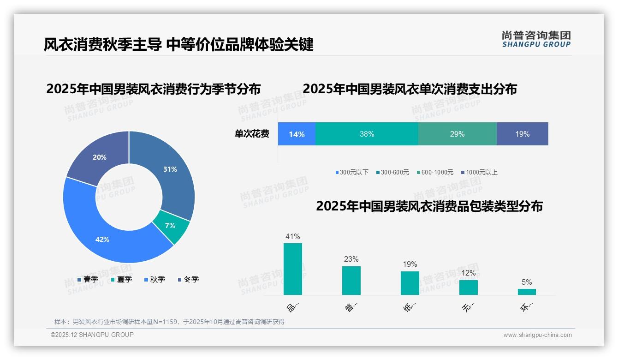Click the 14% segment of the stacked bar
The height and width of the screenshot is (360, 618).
tap(297, 134)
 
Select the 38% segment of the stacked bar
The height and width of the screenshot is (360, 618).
tap(367, 134)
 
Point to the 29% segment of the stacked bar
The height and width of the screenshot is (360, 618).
tap(457, 134)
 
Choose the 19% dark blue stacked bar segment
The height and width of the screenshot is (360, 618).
tap(522, 134)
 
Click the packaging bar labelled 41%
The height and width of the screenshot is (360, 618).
tap(292, 269)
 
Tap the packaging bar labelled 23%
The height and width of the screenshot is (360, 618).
tap(351, 281)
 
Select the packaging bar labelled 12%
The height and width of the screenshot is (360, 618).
tap(468, 288)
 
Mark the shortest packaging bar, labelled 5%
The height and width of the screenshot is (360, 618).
tap(527, 292)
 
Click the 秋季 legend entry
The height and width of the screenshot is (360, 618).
tap(155, 280)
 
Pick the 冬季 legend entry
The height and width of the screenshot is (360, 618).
tap(189, 280)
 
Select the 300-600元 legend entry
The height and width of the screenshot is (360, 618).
tap(392, 173)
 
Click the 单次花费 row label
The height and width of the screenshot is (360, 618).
tap(252, 134)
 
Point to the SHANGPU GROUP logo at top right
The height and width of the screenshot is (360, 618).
tap(536, 39)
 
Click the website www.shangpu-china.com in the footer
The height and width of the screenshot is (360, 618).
tap(537, 335)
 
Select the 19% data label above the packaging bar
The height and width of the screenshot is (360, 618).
tap(410, 264)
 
